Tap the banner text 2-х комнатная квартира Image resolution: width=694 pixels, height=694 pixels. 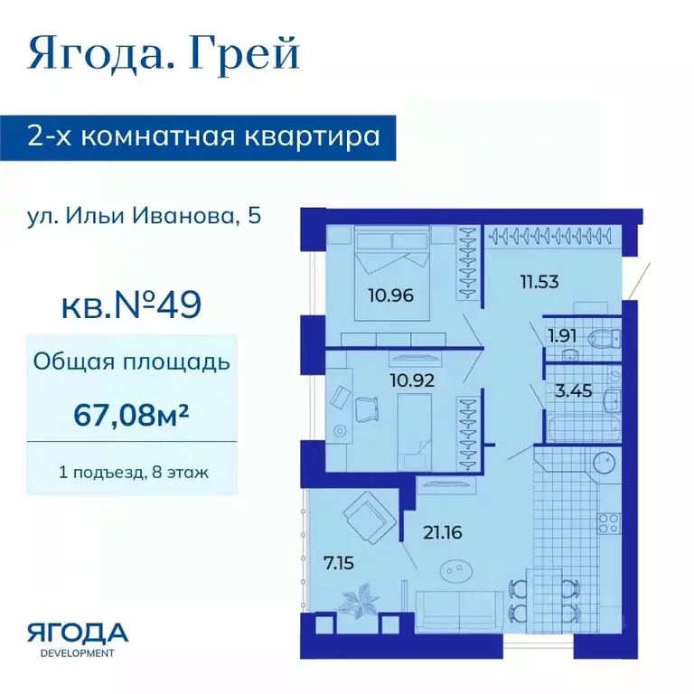(202, 138)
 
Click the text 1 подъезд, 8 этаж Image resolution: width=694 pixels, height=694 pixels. (132, 471)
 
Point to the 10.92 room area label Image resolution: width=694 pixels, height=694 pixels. (411, 380)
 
